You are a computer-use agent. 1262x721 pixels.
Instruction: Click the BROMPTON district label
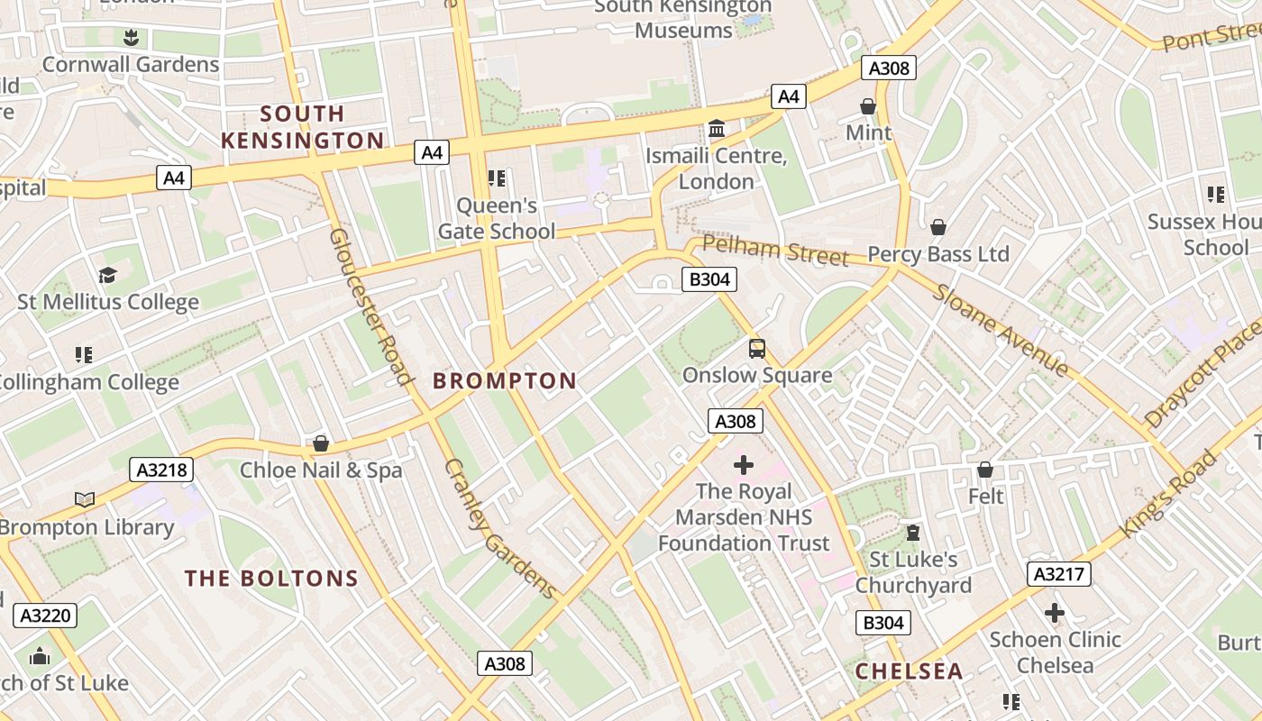504,381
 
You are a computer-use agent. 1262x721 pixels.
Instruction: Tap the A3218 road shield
162,470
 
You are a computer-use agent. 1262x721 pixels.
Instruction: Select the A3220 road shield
46,616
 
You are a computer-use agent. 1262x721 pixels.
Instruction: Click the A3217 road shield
1059,574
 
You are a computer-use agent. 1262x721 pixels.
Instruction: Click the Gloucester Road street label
370,306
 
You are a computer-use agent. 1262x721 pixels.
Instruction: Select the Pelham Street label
775,251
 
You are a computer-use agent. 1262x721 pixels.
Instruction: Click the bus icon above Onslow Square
757,349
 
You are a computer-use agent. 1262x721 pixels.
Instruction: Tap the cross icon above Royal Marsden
744,465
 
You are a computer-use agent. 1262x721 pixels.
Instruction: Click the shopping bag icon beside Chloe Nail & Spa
320,443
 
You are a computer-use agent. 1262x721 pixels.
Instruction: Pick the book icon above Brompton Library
85,499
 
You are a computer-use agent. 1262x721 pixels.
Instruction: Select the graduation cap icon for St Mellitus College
107,275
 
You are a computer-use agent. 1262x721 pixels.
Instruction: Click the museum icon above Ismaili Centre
717,129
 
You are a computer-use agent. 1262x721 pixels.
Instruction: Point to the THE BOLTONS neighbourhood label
271,579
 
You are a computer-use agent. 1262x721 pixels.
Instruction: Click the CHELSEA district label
909,671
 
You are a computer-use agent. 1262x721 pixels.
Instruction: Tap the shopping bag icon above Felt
985,470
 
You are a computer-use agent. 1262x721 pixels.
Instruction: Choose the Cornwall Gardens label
131,65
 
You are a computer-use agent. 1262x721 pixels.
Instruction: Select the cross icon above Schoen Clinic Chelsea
1055,614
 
